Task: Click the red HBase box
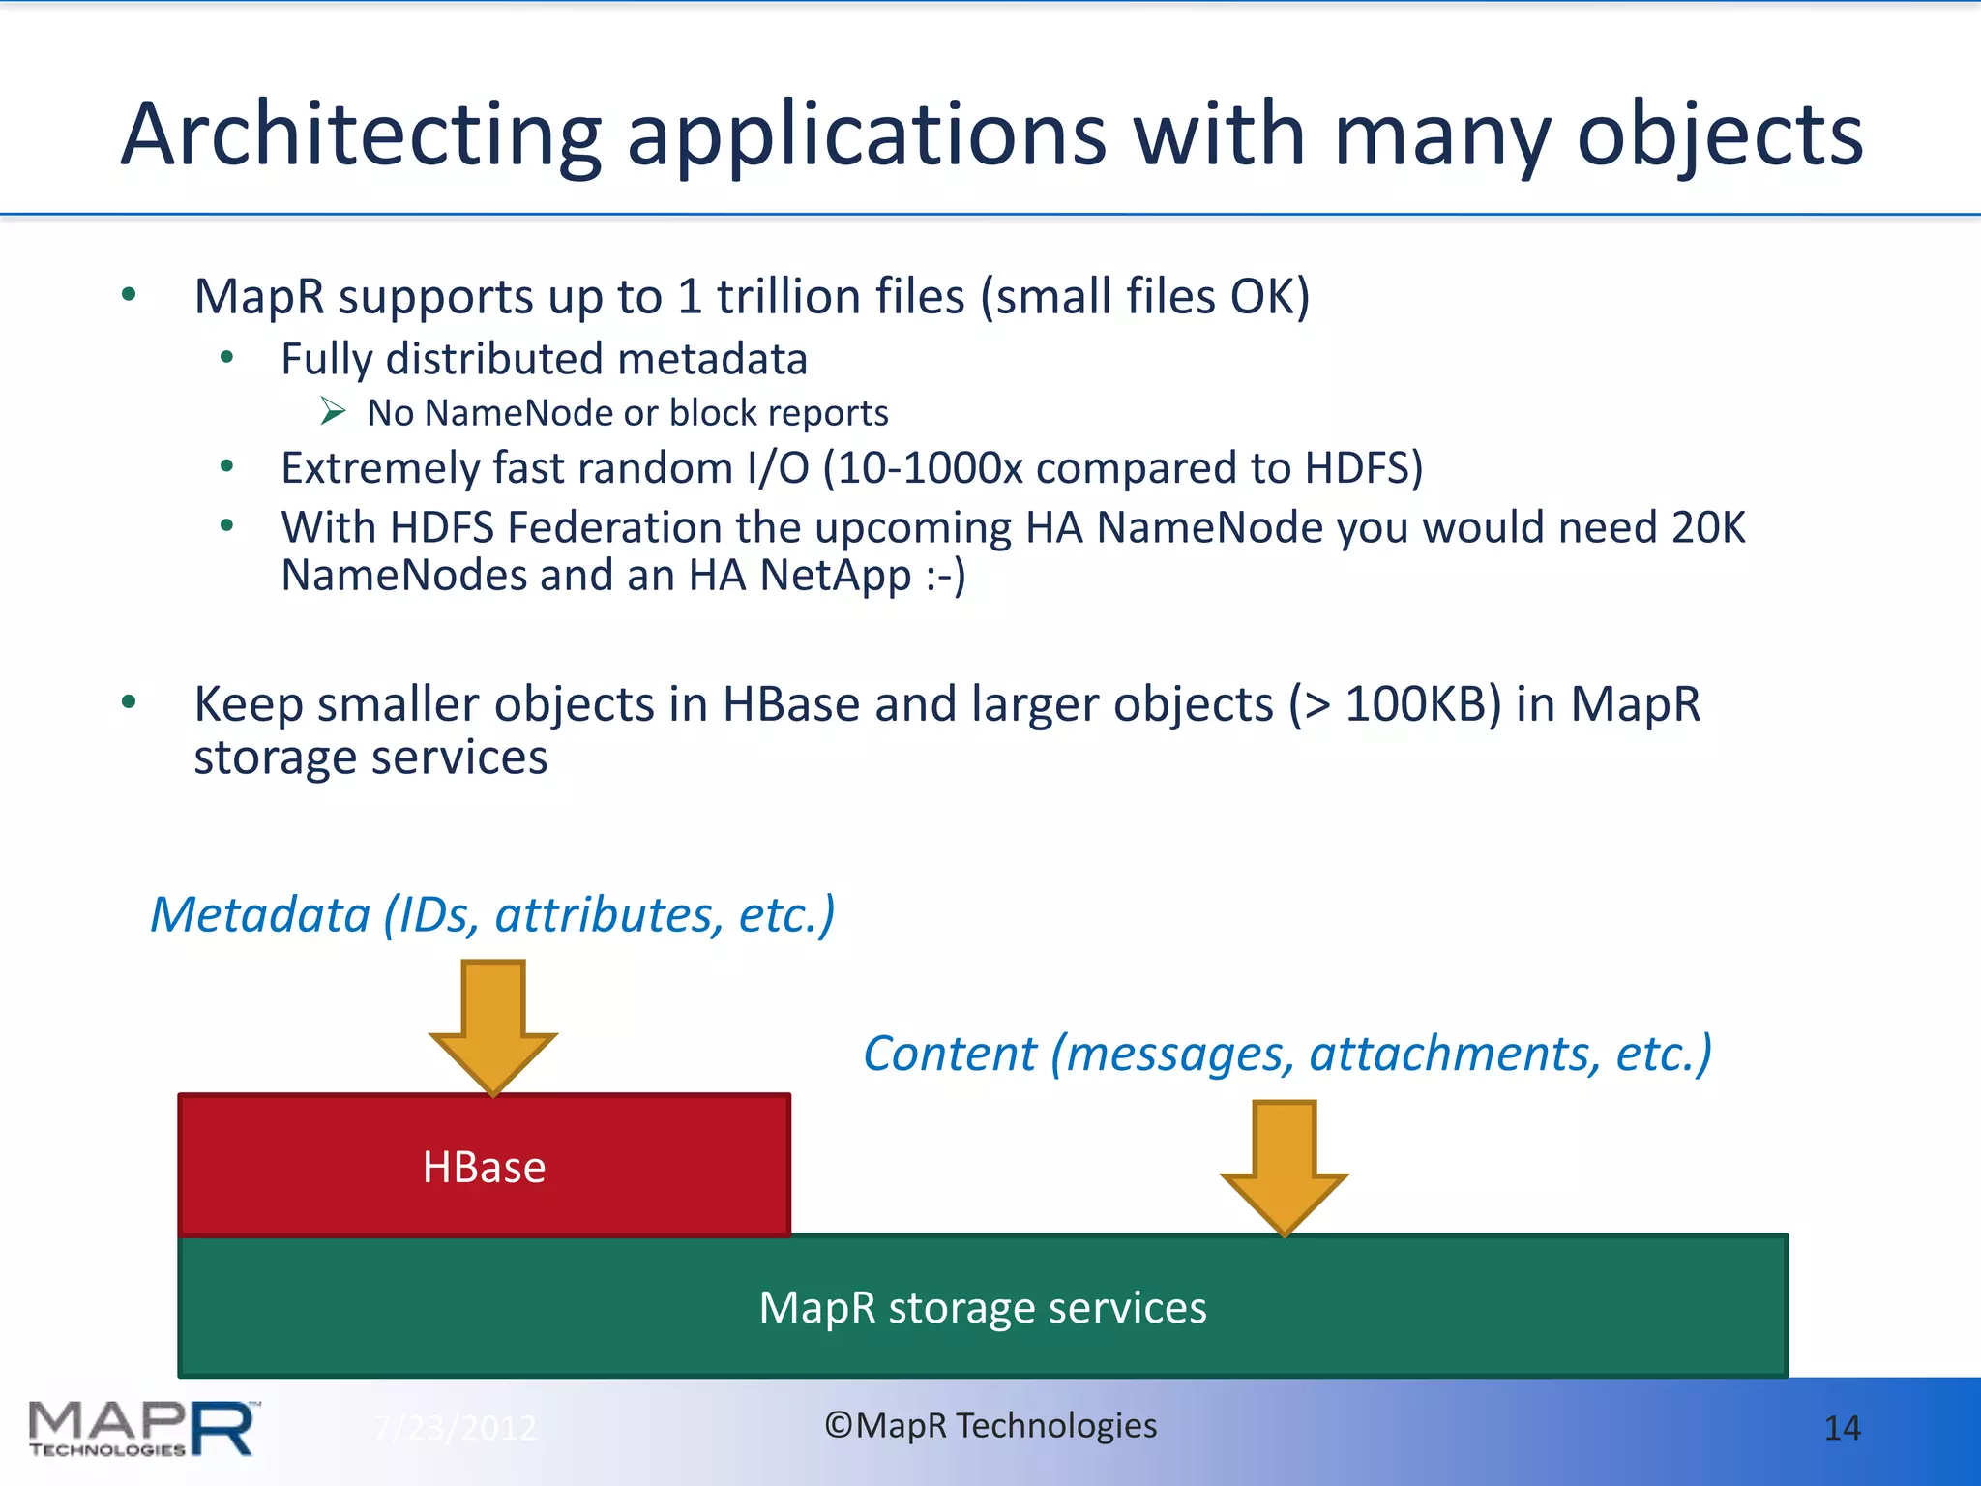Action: click(484, 1166)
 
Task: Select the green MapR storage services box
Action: click(983, 1307)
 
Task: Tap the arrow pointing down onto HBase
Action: click(493, 1025)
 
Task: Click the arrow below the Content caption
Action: click(1284, 1166)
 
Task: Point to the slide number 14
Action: click(1841, 1428)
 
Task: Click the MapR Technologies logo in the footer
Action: click(143, 1428)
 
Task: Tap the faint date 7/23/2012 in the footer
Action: click(455, 1428)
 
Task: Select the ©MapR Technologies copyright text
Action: click(990, 1425)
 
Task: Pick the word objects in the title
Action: click(1720, 135)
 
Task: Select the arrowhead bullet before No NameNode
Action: click(334, 412)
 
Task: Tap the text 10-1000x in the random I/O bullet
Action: click(930, 468)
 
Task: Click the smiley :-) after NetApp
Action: click(945, 577)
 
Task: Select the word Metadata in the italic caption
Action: click(260, 915)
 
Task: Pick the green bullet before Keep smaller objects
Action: click(129, 702)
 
